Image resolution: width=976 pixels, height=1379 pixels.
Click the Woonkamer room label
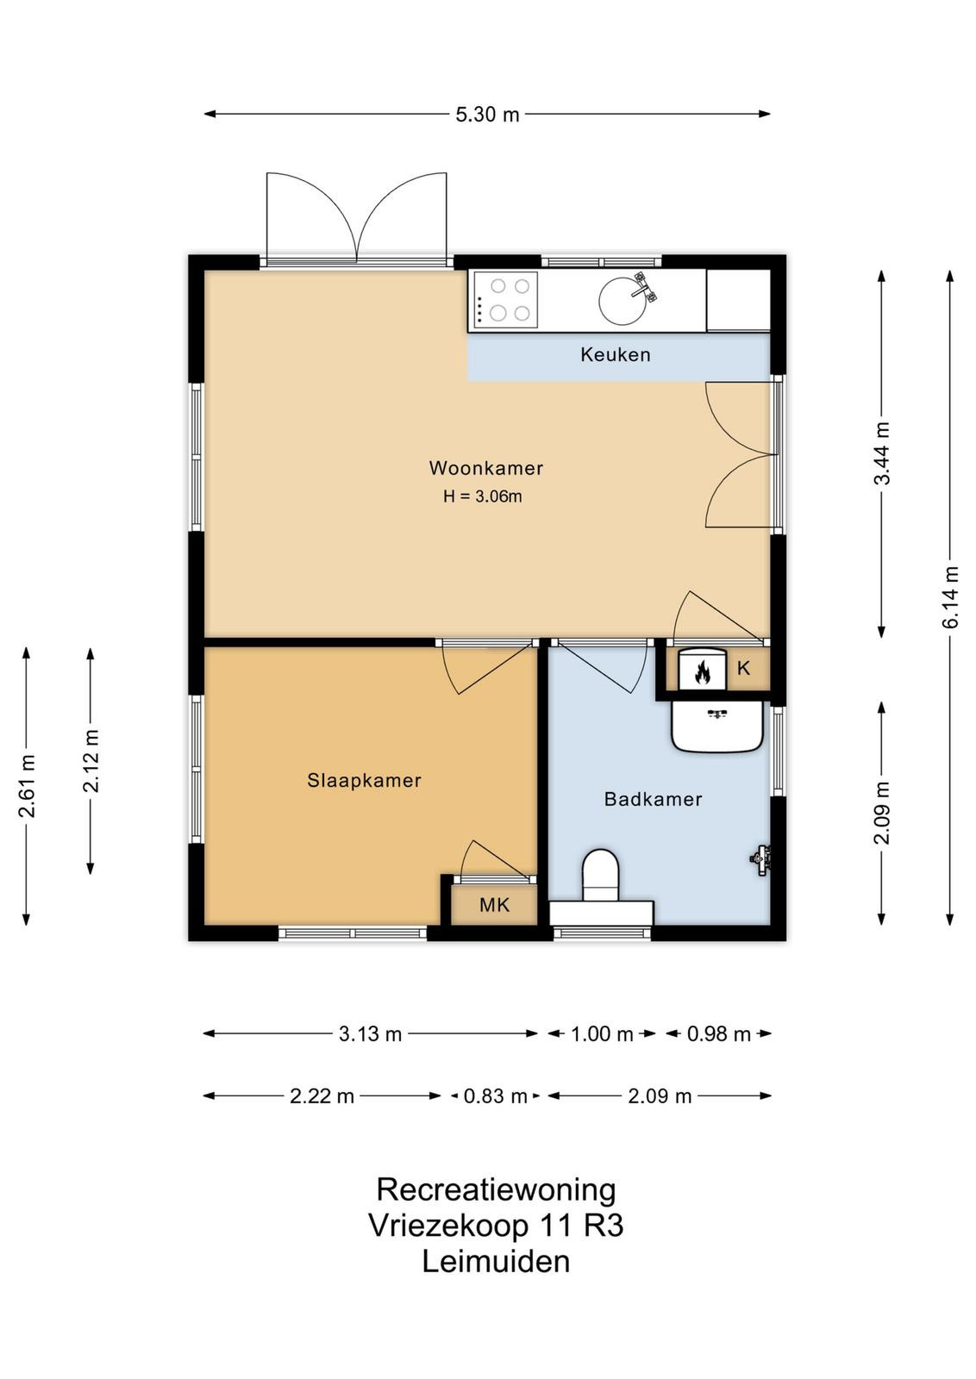[486, 468]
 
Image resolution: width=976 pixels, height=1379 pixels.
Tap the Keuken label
[615, 354]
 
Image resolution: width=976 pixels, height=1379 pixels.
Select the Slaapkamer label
[364, 781]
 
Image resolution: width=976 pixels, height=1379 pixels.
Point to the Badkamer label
[653, 799]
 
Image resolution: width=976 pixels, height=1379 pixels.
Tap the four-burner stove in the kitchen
[503, 300]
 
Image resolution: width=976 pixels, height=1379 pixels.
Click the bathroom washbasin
[717, 727]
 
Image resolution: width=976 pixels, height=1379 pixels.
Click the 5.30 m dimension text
[487, 115]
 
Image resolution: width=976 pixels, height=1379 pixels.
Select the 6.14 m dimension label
[951, 596]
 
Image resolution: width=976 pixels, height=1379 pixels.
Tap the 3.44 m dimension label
[882, 453]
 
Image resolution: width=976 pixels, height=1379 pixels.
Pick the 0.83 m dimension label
[495, 1096]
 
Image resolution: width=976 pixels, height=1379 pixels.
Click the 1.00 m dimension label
[602, 1034]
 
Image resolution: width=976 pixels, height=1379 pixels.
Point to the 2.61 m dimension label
[27, 786]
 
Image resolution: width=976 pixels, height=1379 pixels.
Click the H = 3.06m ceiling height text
[483, 496]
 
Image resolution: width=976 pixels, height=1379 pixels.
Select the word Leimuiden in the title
[496, 1262]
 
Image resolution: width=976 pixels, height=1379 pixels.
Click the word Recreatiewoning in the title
[496, 1190]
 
